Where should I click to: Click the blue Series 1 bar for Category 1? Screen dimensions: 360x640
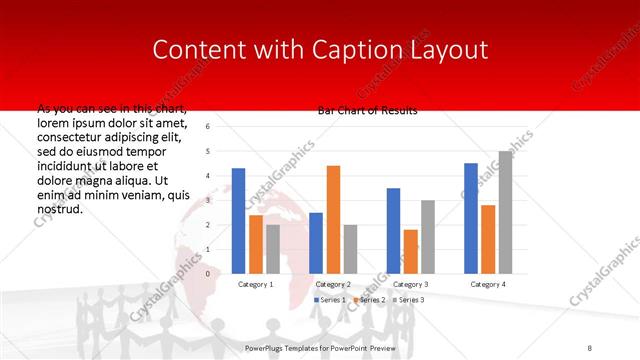coord(238,221)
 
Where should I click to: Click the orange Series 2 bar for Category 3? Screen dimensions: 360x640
coord(410,251)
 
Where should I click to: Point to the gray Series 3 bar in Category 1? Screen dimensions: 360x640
coord(273,249)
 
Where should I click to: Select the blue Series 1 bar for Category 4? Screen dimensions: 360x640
coord(471,218)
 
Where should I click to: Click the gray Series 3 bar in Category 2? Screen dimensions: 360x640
coord(350,249)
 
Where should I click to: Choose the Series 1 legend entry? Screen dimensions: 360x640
coord(331,300)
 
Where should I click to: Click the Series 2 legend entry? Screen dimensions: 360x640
coord(370,300)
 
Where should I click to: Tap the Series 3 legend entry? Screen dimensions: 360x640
coord(409,300)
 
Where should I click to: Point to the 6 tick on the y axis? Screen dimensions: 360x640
coord(207,127)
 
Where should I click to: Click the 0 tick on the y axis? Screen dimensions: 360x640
coord(207,273)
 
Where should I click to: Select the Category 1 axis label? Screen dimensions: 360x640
coord(256,284)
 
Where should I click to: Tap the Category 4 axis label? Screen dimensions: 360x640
coord(488,284)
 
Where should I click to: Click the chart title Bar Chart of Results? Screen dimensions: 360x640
coord(367,110)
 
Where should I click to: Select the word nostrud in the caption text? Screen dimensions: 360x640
coord(59,210)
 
